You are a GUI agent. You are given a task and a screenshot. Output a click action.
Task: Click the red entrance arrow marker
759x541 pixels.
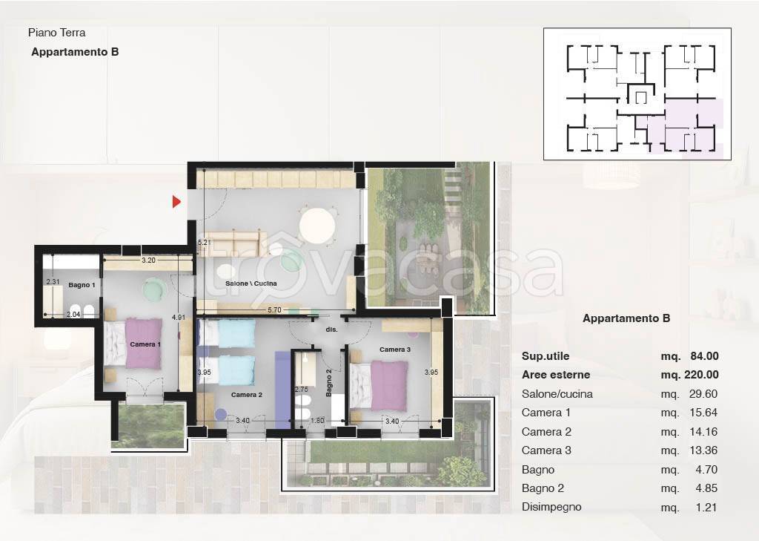tap(176, 201)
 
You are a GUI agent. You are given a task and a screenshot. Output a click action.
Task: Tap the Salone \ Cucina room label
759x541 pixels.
tap(251, 283)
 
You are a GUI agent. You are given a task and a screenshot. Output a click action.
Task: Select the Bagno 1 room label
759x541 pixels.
tap(82, 285)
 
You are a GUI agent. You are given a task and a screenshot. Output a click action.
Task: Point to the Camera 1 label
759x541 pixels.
tap(145, 344)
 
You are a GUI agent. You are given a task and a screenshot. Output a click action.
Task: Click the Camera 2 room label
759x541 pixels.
tap(246, 395)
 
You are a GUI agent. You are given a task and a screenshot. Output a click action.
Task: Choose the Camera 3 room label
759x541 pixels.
tap(395, 349)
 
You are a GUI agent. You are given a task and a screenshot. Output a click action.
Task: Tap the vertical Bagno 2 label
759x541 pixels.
tap(328, 383)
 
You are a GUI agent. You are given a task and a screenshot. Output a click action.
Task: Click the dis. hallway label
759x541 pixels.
tap(331, 329)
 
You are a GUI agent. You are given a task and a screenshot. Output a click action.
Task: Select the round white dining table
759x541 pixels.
tap(316, 226)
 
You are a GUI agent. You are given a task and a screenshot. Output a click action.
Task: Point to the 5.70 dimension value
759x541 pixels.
tap(274, 309)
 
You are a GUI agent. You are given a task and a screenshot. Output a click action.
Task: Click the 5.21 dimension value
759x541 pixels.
tap(205, 242)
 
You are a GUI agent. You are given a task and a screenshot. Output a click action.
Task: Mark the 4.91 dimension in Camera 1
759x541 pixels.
tap(179, 318)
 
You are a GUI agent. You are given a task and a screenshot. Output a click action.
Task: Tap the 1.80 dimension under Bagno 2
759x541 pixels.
tap(317, 420)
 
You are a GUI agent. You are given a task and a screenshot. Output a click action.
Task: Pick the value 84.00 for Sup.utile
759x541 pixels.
tap(704, 355)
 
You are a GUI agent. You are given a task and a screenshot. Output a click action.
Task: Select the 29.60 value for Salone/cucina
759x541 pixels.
tap(703, 393)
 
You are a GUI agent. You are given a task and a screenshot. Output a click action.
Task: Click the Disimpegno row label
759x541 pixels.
tap(551, 507)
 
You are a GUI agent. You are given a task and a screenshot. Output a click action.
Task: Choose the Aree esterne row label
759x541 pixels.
tap(556, 375)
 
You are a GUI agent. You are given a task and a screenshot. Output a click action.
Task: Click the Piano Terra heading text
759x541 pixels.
tap(56, 33)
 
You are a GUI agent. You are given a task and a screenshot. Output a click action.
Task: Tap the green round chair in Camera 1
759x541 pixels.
tap(154, 289)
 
